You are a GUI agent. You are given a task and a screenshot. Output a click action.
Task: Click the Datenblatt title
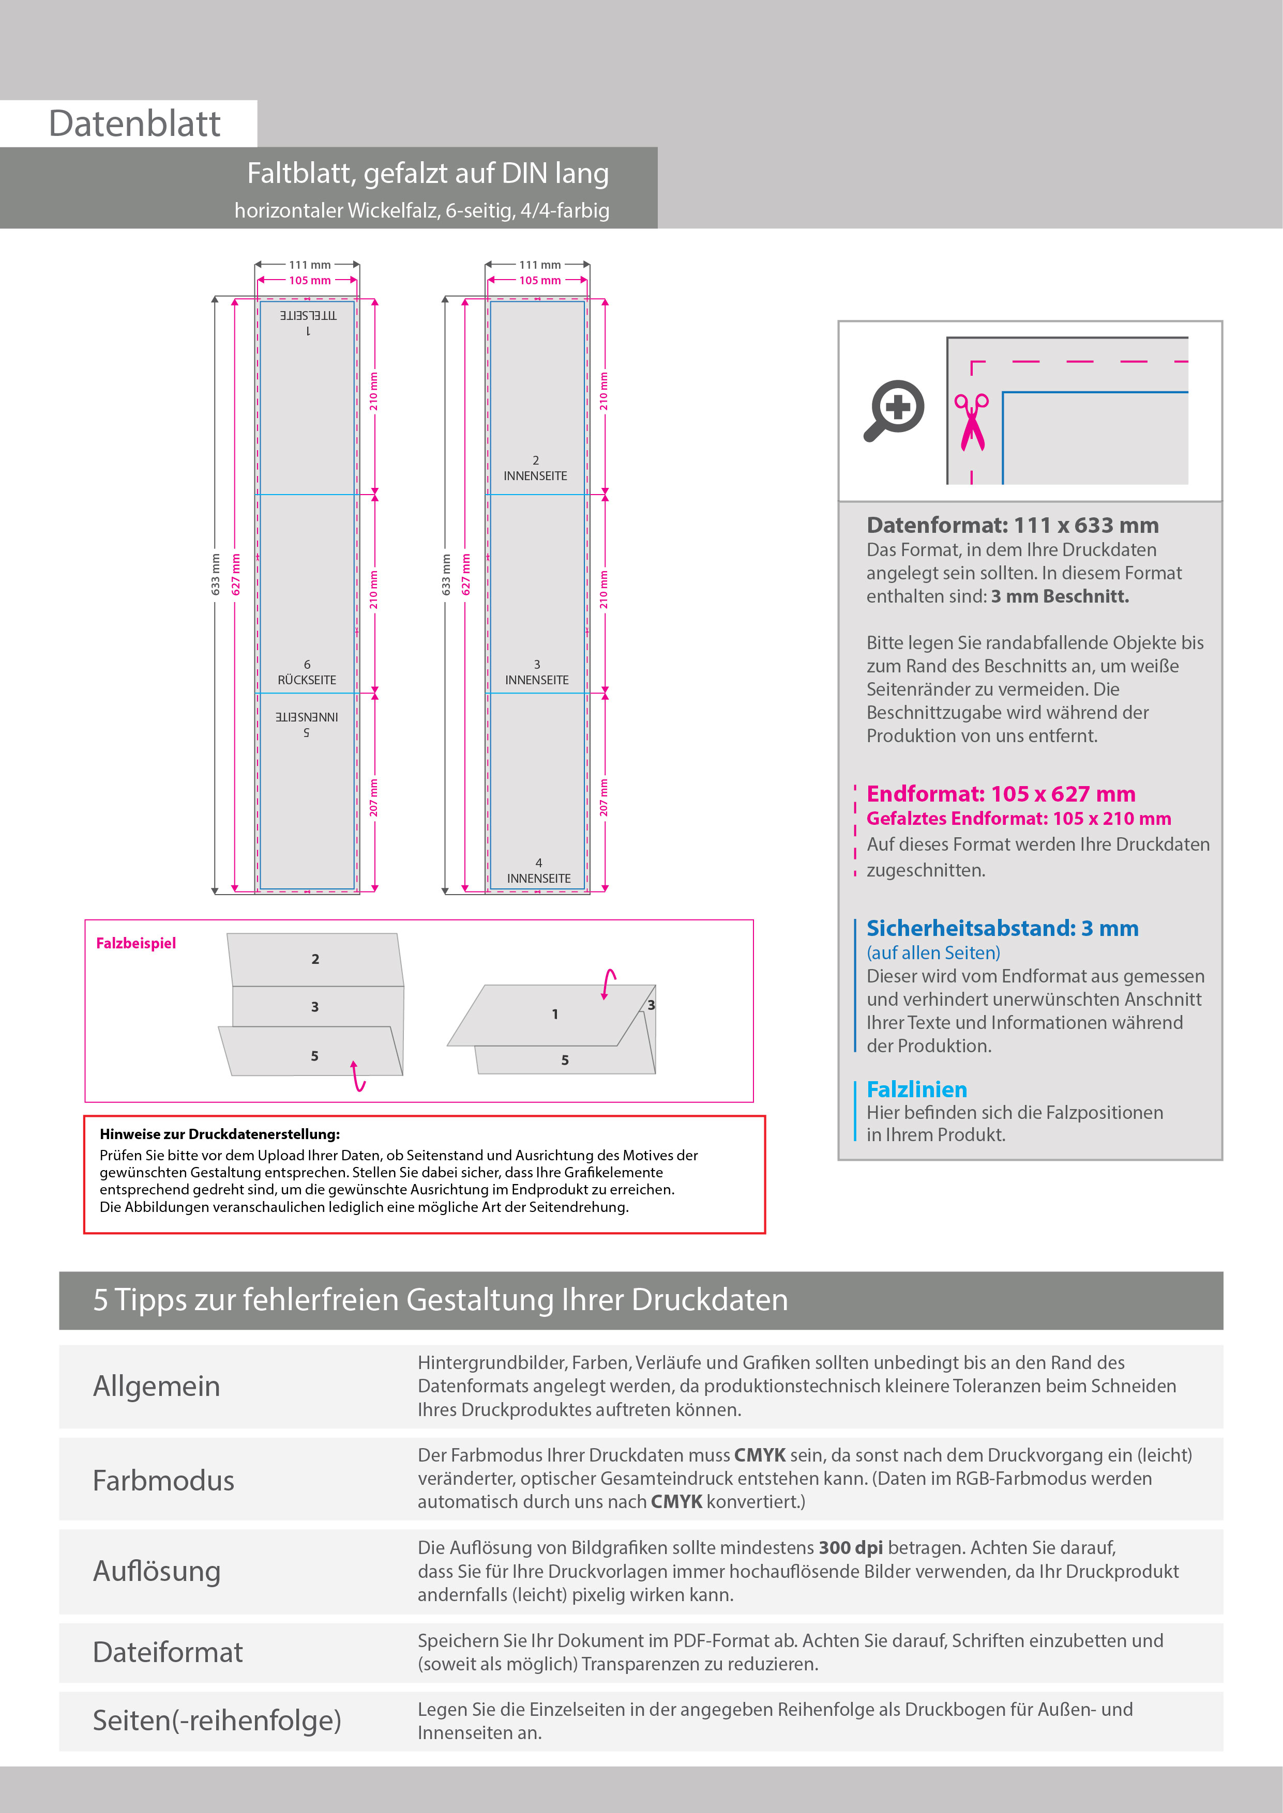(x=134, y=124)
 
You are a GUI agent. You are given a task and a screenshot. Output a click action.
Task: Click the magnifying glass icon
(x=894, y=410)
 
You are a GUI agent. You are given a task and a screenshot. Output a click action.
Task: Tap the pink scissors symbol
(x=972, y=422)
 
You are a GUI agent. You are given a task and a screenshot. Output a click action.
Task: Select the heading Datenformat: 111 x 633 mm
(x=1012, y=525)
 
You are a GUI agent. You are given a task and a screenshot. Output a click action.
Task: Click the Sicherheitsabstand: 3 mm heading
(x=1002, y=928)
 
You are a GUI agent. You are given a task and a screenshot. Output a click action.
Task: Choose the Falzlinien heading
(x=916, y=1089)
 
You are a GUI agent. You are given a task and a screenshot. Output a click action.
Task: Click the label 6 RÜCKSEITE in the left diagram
(x=307, y=673)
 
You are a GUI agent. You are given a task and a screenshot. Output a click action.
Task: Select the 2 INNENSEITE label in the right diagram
(x=536, y=468)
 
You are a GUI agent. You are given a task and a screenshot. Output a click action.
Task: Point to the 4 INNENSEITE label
(x=539, y=871)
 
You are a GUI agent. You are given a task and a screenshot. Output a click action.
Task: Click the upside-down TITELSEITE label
(x=308, y=316)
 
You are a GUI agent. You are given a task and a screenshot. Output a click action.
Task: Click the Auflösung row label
(x=156, y=1571)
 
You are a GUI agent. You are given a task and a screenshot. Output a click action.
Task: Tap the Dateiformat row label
(x=168, y=1652)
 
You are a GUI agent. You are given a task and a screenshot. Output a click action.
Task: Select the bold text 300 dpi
(x=851, y=1548)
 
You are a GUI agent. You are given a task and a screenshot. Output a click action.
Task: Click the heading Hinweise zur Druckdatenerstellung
(x=220, y=1134)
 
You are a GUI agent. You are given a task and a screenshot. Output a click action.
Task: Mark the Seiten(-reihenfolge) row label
(x=217, y=1720)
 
